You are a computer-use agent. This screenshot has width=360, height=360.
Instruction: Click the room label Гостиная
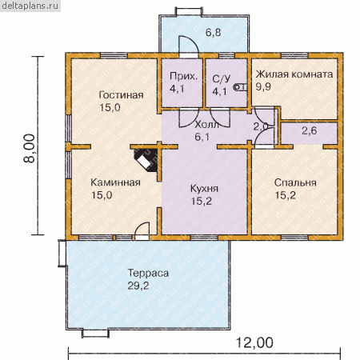[x=121, y=95]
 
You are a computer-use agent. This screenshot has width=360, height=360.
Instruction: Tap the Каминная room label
[x=115, y=182]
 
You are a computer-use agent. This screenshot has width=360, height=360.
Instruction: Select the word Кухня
[x=204, y=189]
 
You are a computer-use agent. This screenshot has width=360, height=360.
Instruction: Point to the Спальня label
[x=295, y=183]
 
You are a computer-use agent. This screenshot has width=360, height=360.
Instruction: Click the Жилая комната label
[x=294, y=74]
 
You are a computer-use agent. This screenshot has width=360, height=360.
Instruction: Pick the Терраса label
[x=148, y=274]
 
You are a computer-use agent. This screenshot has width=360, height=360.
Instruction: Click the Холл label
[x=207, y=125]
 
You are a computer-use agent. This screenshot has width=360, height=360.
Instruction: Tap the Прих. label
[x=184, y=77]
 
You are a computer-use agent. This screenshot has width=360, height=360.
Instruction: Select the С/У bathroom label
[x=222, y=79]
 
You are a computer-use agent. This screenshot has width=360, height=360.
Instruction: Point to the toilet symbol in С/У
[x=240, y=87]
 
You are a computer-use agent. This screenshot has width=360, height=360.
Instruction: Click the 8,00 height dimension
[x=30, y=148]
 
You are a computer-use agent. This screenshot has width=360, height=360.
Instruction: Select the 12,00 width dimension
[x=254, y=342]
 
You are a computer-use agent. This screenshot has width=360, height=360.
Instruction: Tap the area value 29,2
[x=138, y=286]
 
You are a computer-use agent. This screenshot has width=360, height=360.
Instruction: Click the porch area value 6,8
[x=213, y=33]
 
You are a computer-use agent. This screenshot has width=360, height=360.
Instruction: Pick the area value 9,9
[x=263, y=86]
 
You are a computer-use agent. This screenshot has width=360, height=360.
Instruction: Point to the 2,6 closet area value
[x=310, y=130]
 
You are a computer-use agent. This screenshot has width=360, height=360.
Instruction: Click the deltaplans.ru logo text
[x=30, y=6]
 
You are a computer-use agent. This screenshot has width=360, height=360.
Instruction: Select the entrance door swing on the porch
[x=189, y=46]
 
